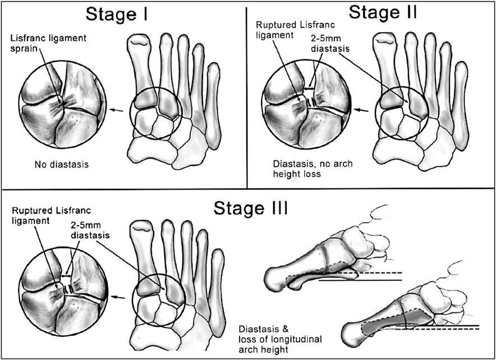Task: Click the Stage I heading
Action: tap(116, 14)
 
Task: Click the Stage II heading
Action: tap(383, 12)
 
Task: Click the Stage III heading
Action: tap(251, 208)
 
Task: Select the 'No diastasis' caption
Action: tap(62, 164)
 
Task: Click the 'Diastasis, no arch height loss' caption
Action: tap(313, 169)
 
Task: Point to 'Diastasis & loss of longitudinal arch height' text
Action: tap(281, 339)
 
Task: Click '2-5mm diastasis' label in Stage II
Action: tap(330, 44)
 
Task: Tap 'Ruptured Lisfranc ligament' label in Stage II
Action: tap(295, 29)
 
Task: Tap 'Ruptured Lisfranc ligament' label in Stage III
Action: tap(51, 215)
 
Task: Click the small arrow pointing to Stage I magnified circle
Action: tap(117, 110)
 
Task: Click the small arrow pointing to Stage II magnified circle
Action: tap(361, 110)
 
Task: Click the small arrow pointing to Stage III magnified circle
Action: tap(119, 297)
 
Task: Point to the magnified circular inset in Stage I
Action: tap(63, 104)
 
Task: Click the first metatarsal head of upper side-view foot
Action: tap(275, 279)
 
